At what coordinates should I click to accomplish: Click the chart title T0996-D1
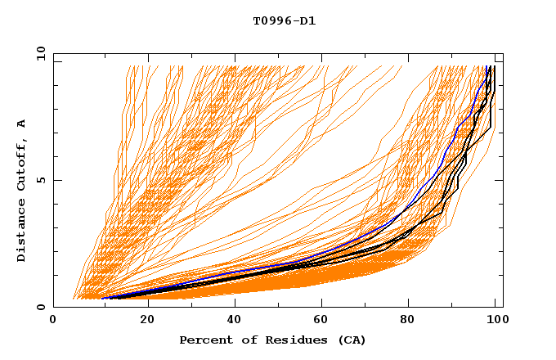(x=284, y=20)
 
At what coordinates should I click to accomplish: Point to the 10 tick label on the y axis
(x=40, y=53)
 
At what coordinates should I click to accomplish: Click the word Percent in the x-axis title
(x=204, y=340)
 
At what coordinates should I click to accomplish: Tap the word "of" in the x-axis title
(x=244, y=340)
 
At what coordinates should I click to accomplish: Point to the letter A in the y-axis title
(x=21, y=124)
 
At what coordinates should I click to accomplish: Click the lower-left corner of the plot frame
(x=54, y=307)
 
